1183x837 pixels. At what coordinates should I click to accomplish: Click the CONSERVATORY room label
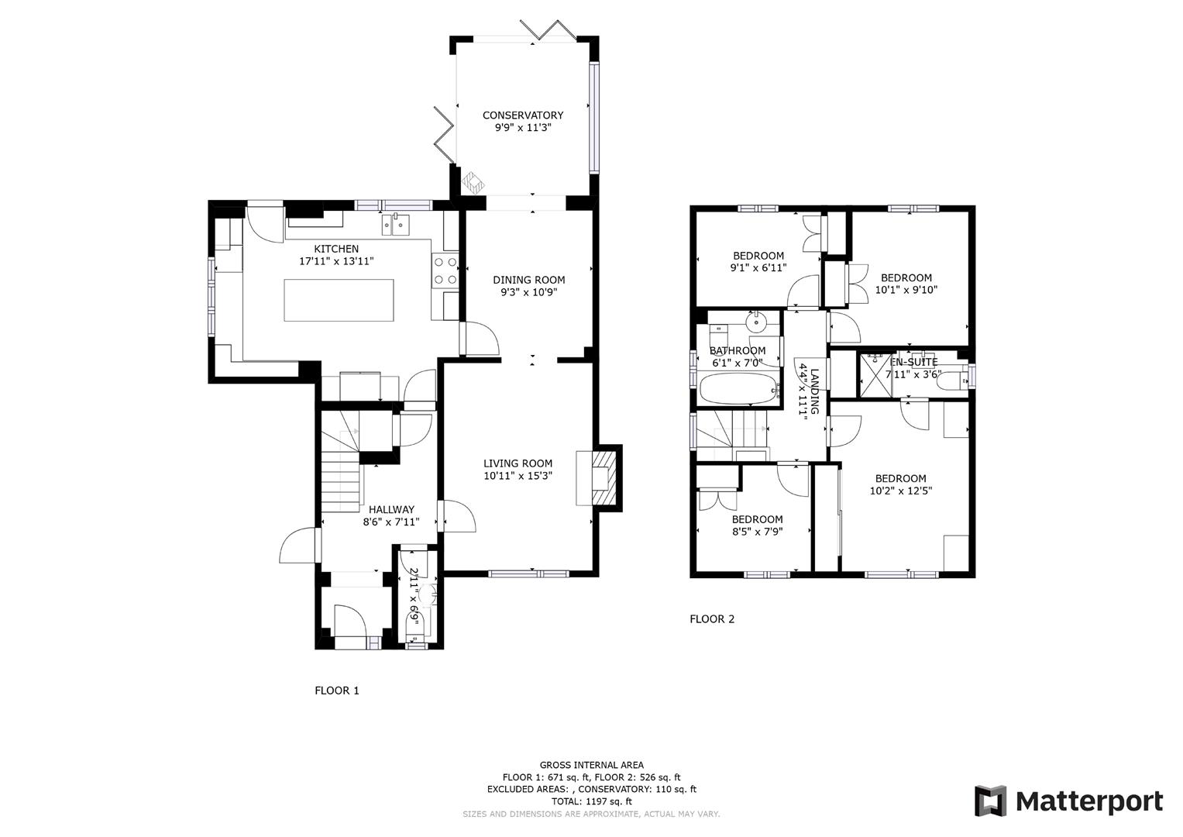pyautogui.click(x=523, y=115)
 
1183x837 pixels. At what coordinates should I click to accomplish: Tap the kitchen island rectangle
pyautogui.click(x=339, y=300)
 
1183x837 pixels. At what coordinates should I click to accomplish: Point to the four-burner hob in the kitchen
pyautogui.click(x=445, y=271)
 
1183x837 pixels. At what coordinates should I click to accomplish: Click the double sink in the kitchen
pyautogui.click(x=394, y=225)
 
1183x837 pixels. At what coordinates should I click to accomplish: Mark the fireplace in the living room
pyautogui.click(x=600, y=478)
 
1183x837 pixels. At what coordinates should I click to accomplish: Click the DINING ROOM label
pyautogui.click(x=529, y=280)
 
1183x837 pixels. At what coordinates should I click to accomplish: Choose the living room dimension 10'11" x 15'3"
pyautogui.click(x=518, y=476)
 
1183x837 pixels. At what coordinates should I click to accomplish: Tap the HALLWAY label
pyautogui.click(x=391, y=509)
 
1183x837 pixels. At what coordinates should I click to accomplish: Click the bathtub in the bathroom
pyautogui.click(x=738, y=389)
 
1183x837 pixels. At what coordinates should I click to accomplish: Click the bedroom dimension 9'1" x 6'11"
pyautogui.click(x=758, y=268)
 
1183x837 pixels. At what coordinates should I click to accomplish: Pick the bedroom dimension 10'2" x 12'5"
pyautogui.click(x=900, y=491)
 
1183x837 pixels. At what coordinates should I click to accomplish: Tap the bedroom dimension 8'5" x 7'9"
pyautogui.click(x=757, y=532)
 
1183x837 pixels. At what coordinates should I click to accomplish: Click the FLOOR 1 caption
pyautogui.click(x=337, y=691)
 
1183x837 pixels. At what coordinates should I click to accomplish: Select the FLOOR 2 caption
pyautogui.click(x=712, y=619)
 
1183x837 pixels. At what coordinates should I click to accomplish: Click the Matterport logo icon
pyautogui.click(x=990, y=801)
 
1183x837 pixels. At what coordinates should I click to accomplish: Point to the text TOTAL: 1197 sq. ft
pyautogui.click(x=591, y=801)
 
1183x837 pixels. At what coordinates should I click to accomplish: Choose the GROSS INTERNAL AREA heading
pyautogui.click(x=591, y=765)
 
